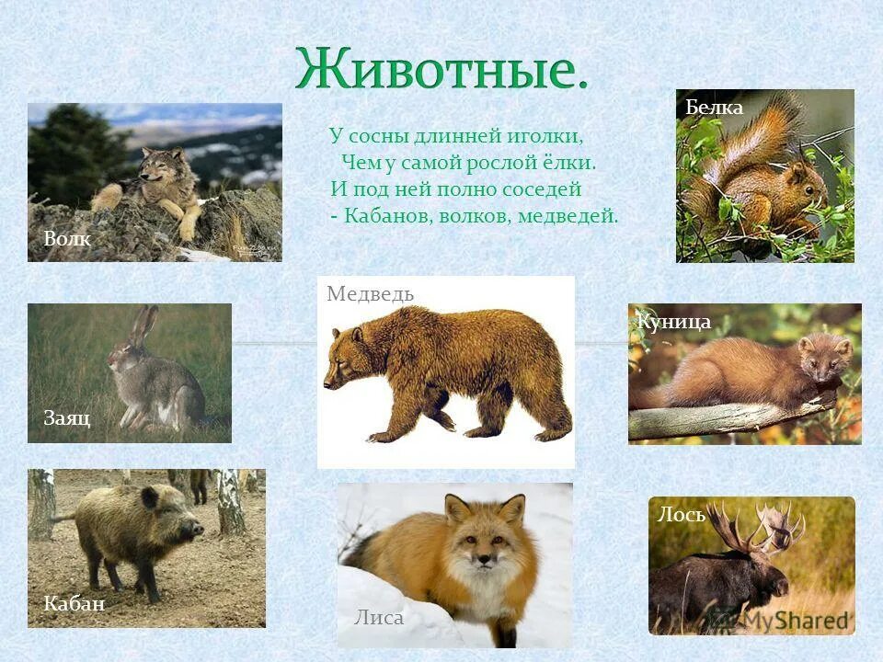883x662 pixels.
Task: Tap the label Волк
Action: coord(67,239)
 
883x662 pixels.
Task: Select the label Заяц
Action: coord(67,418)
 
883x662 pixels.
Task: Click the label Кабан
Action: coord(75,604)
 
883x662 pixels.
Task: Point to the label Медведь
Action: coord(370,294)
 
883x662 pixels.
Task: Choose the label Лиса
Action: coord(379,618)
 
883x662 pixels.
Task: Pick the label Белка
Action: coord(715,108)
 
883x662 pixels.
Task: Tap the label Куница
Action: coord(674,322)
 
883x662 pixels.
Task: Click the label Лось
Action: coord(682,515)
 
